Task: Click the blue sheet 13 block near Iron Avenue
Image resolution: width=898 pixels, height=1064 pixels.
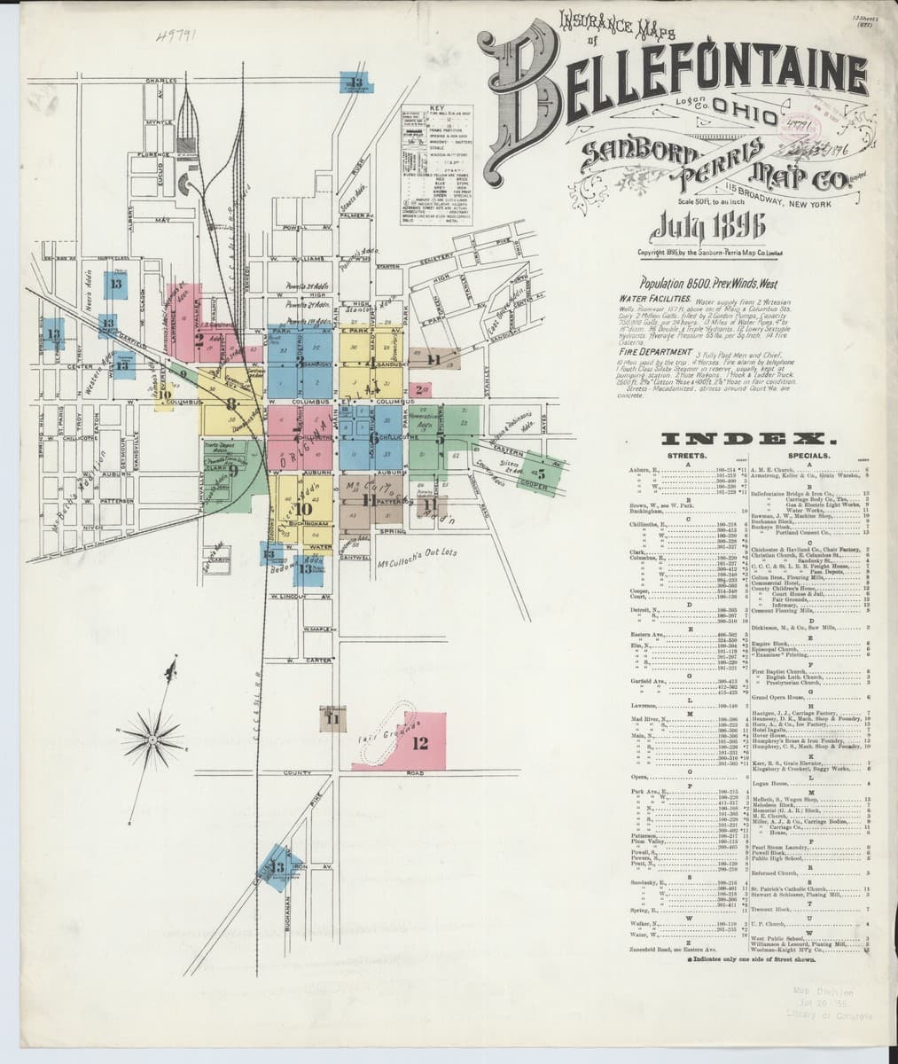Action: point(277,867)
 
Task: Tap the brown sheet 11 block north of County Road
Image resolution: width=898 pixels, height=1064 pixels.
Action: point(332,719)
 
